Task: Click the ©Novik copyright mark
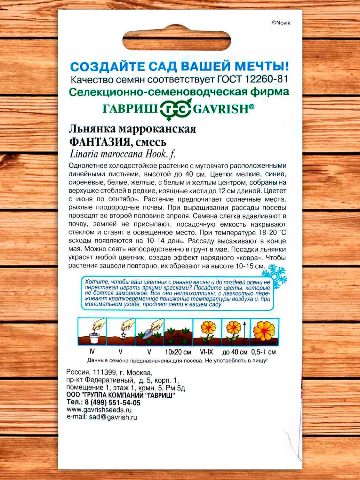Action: point(281,23)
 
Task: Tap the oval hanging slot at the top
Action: point(177,41)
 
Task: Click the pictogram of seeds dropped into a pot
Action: point(92,332)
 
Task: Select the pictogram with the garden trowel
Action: point(149,332)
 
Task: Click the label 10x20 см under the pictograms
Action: point(178,352)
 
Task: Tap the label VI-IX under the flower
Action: point(206,352)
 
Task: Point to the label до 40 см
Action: point(235,352)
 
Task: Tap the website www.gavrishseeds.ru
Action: point(99,410)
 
